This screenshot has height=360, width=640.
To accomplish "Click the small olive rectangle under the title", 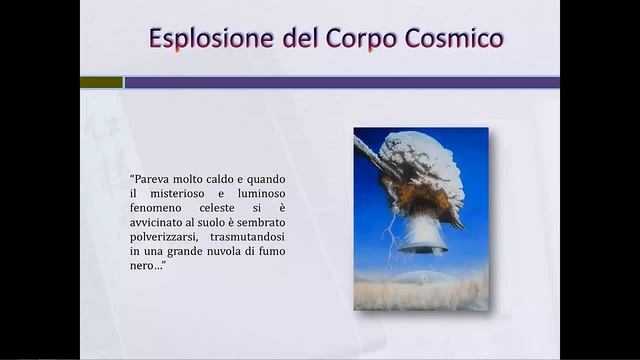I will point(101,82).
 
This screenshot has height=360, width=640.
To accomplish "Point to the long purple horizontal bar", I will point(341,82).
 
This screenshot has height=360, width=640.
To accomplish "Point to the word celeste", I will point(217,208).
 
